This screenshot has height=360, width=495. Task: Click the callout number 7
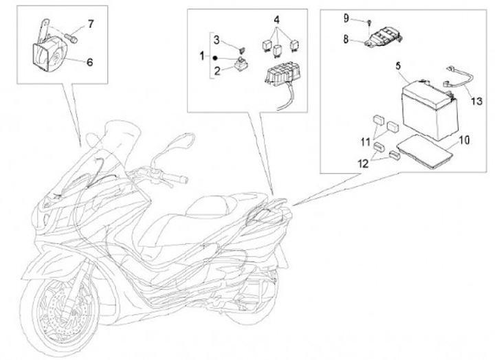click(x=90, y=25)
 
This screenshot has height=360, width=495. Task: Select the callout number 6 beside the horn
click(x=89, y=61)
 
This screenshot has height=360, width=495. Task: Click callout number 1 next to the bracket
click(x=202, y=55)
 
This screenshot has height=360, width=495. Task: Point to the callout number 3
click(x=216, y=39)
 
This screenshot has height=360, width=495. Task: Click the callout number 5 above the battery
click(x=397, y=67)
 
